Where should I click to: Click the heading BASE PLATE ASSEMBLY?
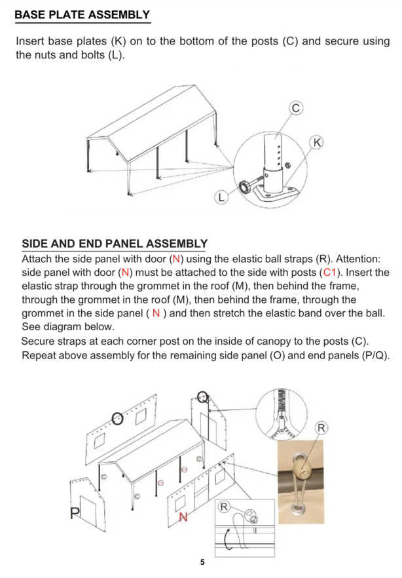[x=82, y=15]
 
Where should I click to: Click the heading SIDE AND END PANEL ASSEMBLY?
[x=115, y=244]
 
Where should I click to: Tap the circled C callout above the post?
[x=295, y=107]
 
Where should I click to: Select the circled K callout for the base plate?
[x=318, y=142]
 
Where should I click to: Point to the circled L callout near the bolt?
[x=222, y=195]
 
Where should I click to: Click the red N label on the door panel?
[x=184, y=517]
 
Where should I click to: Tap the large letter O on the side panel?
[x=117, y=418]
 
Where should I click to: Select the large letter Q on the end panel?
[x=203, y=396]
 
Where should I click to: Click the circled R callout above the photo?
[x=321, y=428]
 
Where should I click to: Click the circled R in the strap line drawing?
[x=224, y=506]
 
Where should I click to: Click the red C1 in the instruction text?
[x=329, y=273]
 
